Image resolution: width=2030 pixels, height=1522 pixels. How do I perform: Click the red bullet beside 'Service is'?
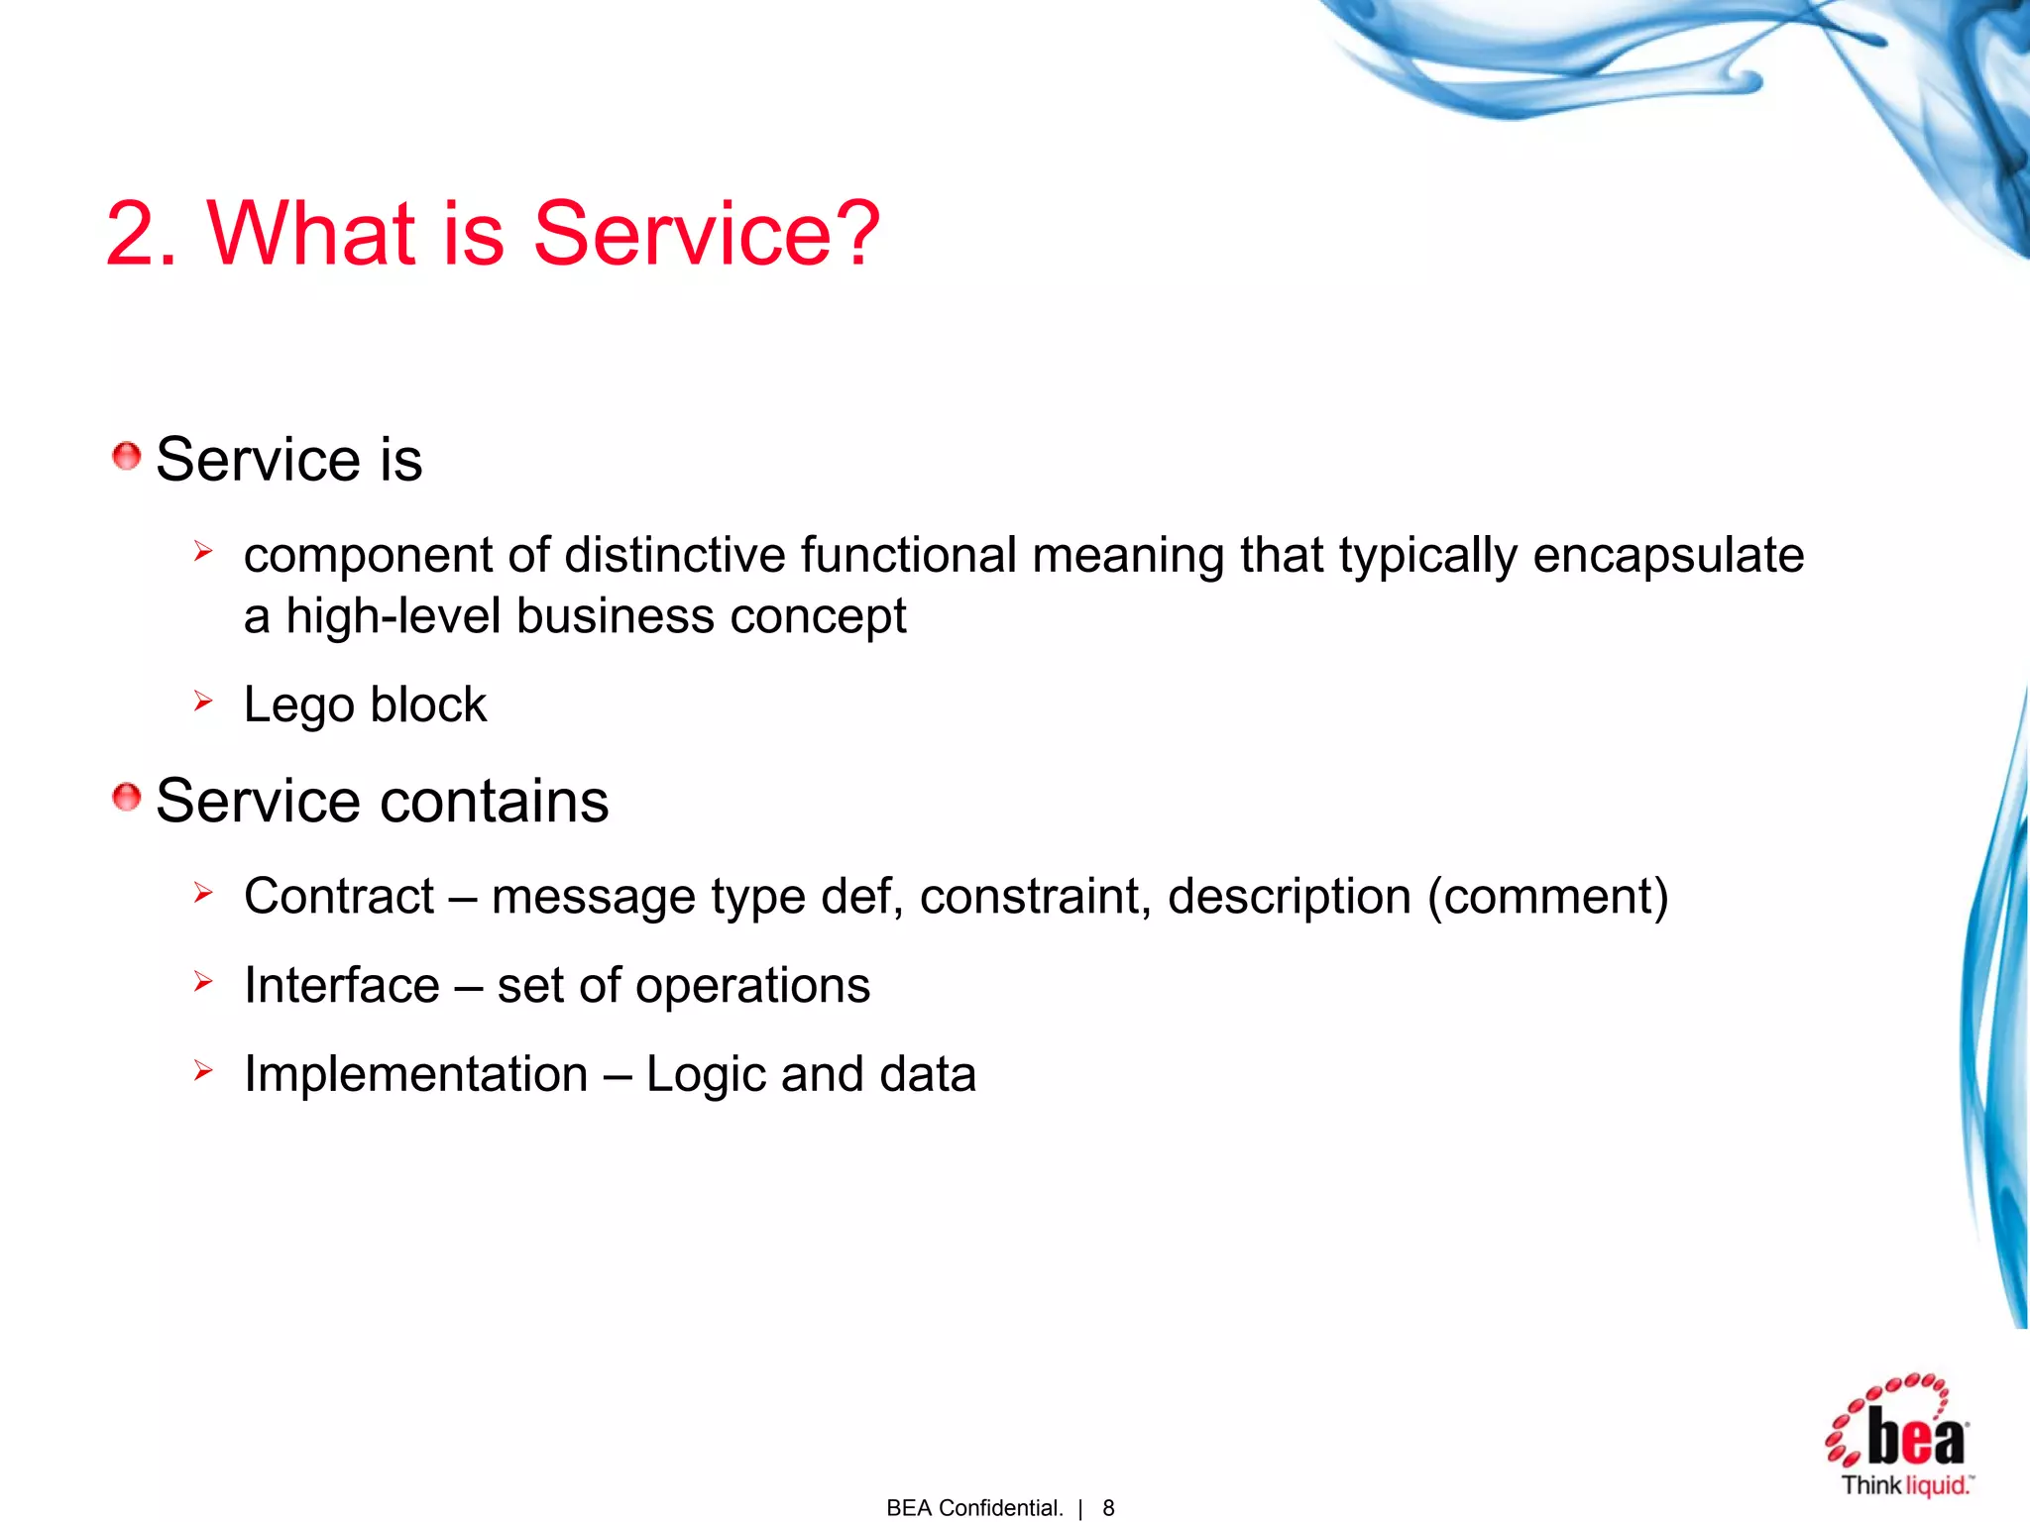coord(126,457)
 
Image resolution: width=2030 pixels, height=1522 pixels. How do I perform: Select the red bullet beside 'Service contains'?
coord(126,797)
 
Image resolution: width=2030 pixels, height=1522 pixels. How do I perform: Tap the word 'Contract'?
coord(339,897)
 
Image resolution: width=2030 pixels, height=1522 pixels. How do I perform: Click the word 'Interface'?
coord(342,986)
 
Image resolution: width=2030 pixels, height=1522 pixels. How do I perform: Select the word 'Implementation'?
coord(416,1075)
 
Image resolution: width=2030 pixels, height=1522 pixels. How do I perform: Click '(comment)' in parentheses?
coord(1547,898)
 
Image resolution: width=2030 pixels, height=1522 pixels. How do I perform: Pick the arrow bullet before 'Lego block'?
coord(203,703)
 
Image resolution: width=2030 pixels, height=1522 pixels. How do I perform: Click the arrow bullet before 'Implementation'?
coord(203,1070)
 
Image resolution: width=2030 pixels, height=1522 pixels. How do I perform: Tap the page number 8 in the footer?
coord(1108,1508)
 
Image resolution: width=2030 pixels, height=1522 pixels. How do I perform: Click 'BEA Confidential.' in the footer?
coord(974,1508)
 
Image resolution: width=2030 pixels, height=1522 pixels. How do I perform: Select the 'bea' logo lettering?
coord(1915,1437)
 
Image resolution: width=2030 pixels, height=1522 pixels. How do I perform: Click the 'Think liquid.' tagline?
coord(1906,1485)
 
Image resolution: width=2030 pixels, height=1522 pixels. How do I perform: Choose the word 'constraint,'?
coord(1035,897)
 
